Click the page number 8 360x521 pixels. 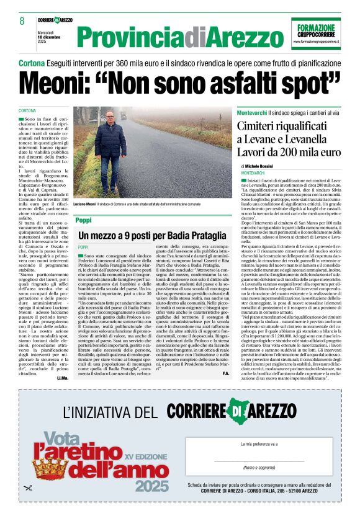click(22, 21)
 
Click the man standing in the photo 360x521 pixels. click(111, 154)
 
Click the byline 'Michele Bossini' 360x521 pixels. click(263, 167)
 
